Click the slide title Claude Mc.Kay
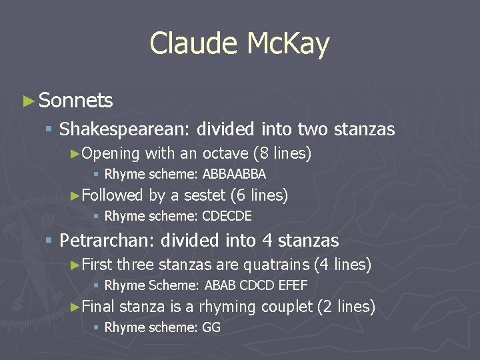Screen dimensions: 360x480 pyautogui.click(x=239, y=44)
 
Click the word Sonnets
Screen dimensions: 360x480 pyautogui.click(x=75, y=101)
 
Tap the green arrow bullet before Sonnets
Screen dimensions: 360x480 pyautogui.click(x=27, y=101)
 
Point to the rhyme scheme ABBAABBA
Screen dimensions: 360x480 pyautogui.click(x=234, y=175)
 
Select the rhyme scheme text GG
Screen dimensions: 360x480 pyautogui.click(x=211, y=327)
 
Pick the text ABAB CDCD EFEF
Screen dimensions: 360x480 pyautogui.click(x=256, y=285)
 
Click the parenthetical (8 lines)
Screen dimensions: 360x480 pyautogui.click(x=282, y=154)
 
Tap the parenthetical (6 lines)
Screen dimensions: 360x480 pyautogui.click(x=259, y=195)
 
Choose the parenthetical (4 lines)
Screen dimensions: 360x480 pyautogui.click(x=342, y=265)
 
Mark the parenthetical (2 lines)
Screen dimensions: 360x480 pyautogui.click(x=346, y=307)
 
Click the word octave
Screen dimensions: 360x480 pyautogui.click(x=225, y=154)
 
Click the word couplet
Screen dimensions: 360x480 pyautogui.click(x=286, y=307)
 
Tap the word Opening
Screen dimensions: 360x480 pyautogui.click(x=110, y=154)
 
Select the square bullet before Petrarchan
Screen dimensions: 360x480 pyautogui.click(x=49, y=241)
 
